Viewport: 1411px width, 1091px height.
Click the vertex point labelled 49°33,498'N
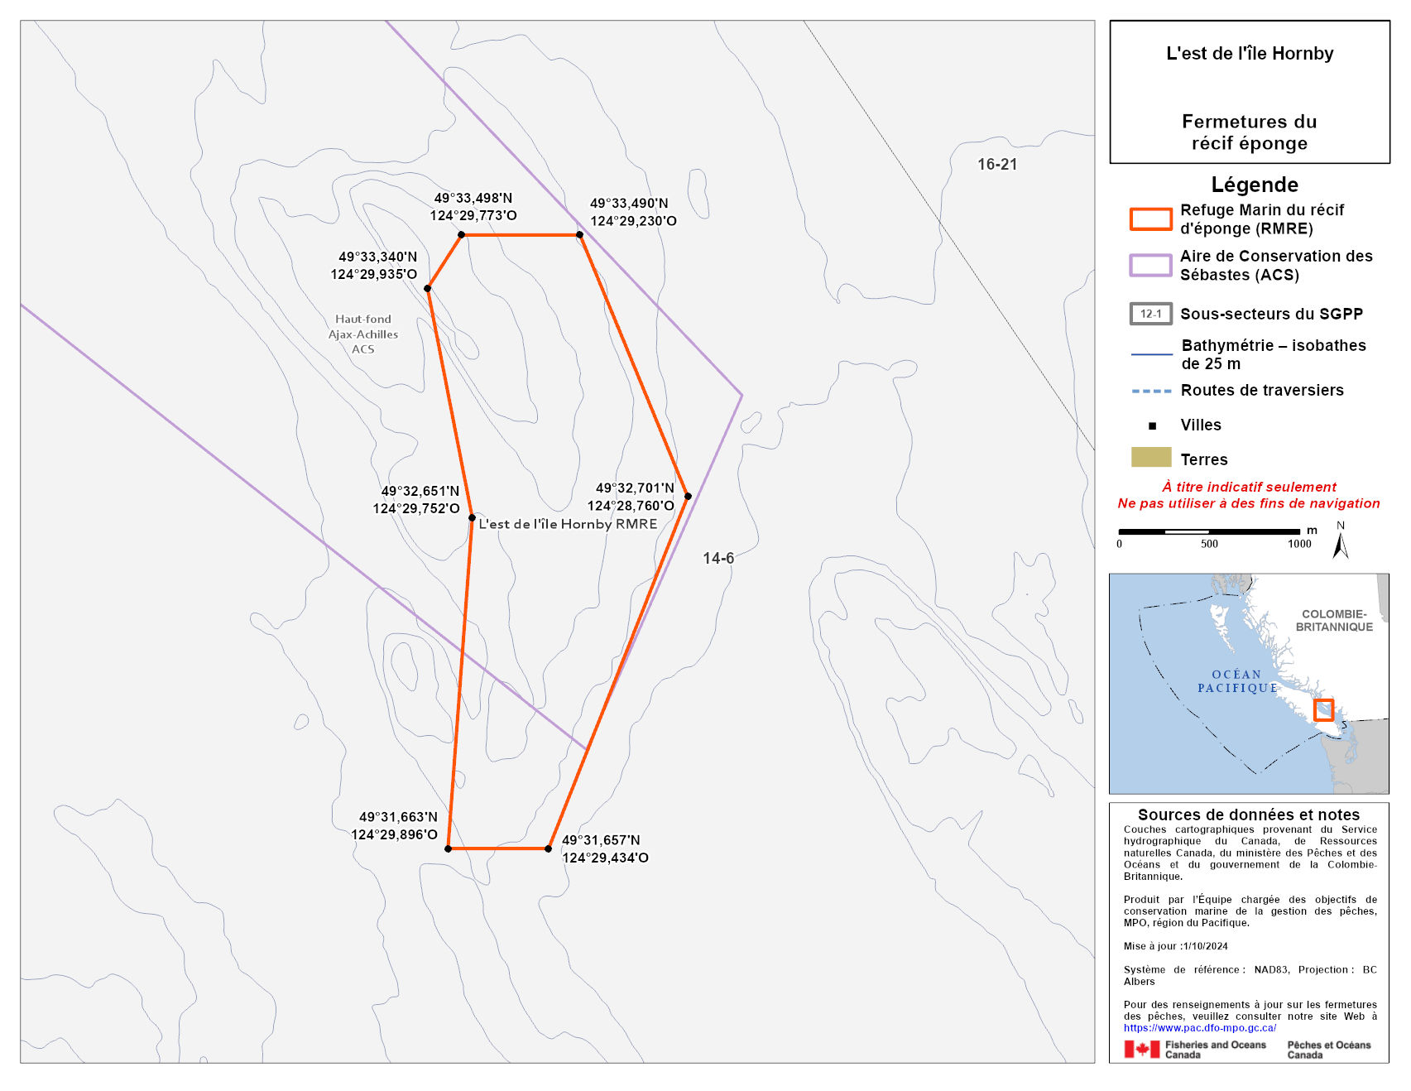(x=462, y=235)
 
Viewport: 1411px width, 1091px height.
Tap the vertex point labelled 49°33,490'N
(x=579, y=235)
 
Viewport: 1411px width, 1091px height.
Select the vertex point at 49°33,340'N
(x=427, y=289)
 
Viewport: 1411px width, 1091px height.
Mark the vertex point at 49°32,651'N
(x=472, y=518)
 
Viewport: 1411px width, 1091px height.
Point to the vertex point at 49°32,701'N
(x=688, y=497)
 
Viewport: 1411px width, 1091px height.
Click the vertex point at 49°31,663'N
(x=448, y=848)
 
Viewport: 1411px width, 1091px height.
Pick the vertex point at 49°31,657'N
(x=549, y=848)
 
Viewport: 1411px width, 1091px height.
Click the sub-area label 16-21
(x=997, y=164)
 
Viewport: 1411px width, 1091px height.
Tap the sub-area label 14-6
(x=718, y=558)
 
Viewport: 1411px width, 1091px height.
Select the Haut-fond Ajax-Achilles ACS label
(x=363, y=334)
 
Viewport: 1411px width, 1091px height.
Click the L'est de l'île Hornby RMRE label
(x=568, y=524)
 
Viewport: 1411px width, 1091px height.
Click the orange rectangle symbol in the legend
(x=1150, y=219)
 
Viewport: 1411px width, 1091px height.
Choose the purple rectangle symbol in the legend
(x=1150, y=265)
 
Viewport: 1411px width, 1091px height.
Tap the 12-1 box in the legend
(x=1150, y=314)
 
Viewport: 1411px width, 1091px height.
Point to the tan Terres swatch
(x=1150, y=457)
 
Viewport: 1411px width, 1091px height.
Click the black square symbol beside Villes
(x=1152, y=425)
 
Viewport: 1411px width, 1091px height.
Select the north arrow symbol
(x=1341, y=543)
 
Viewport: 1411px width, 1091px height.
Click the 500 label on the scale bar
(x=1209, y=544)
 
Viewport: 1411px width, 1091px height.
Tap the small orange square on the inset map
(x=1323, y=710)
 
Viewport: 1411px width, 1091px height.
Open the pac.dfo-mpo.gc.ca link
(x=1199, y=1028)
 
